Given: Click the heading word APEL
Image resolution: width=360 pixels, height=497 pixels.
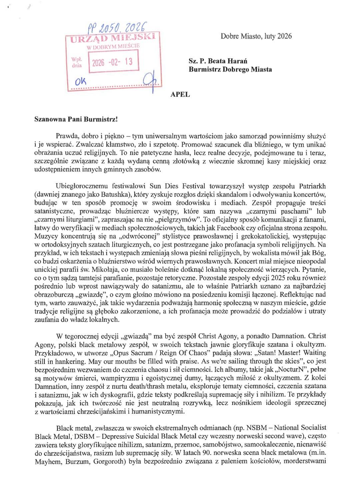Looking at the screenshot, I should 180,94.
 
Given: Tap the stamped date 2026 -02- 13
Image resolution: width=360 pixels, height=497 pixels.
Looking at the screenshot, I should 112,62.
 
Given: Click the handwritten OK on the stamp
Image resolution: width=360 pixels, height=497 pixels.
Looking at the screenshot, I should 80,81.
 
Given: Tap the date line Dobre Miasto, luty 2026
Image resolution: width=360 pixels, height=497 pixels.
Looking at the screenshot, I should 256,36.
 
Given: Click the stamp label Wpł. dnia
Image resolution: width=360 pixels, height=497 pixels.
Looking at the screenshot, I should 77,62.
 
